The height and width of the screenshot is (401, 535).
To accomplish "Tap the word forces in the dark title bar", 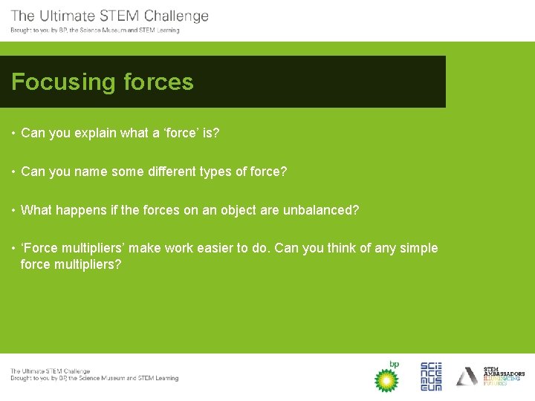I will [158, 82].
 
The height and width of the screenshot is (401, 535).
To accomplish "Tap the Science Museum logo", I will [431, 376].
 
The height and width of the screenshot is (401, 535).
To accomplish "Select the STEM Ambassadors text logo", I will [503, 376].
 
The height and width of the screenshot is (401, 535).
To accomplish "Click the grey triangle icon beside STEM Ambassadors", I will [467, 376].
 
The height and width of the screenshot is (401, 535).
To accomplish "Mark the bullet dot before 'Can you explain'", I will [14, 134].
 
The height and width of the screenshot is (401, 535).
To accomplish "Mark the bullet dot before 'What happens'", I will [14, 211].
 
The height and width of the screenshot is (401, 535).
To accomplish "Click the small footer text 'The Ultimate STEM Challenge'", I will [50, 371].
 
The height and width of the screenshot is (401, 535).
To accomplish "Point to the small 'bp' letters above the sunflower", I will [394, 364].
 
